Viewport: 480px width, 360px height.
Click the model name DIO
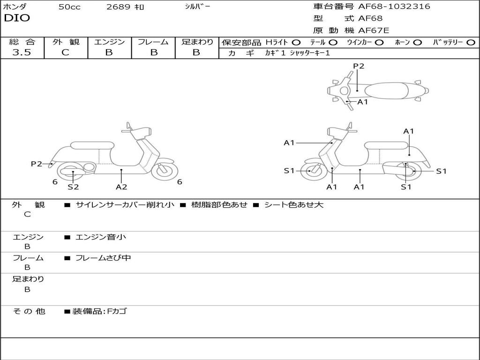(17, 18)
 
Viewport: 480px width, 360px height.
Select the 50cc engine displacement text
(69, 7)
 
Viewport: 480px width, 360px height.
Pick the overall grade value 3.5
(22, 52)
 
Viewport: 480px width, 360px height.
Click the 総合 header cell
(22, 42)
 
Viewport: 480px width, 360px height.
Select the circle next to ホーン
(418, 42)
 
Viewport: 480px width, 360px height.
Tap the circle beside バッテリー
(471, 42)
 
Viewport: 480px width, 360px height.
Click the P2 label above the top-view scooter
(359, 66)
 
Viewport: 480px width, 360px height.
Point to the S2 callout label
(73, 187)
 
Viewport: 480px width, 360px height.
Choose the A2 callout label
(121, 187)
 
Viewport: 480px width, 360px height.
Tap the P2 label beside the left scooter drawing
(37, 164)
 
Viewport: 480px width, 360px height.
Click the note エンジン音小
(101, 237)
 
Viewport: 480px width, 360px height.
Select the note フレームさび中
(103, 258)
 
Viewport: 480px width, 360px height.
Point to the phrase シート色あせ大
(294, 205)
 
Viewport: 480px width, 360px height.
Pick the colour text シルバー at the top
(197, 7)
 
